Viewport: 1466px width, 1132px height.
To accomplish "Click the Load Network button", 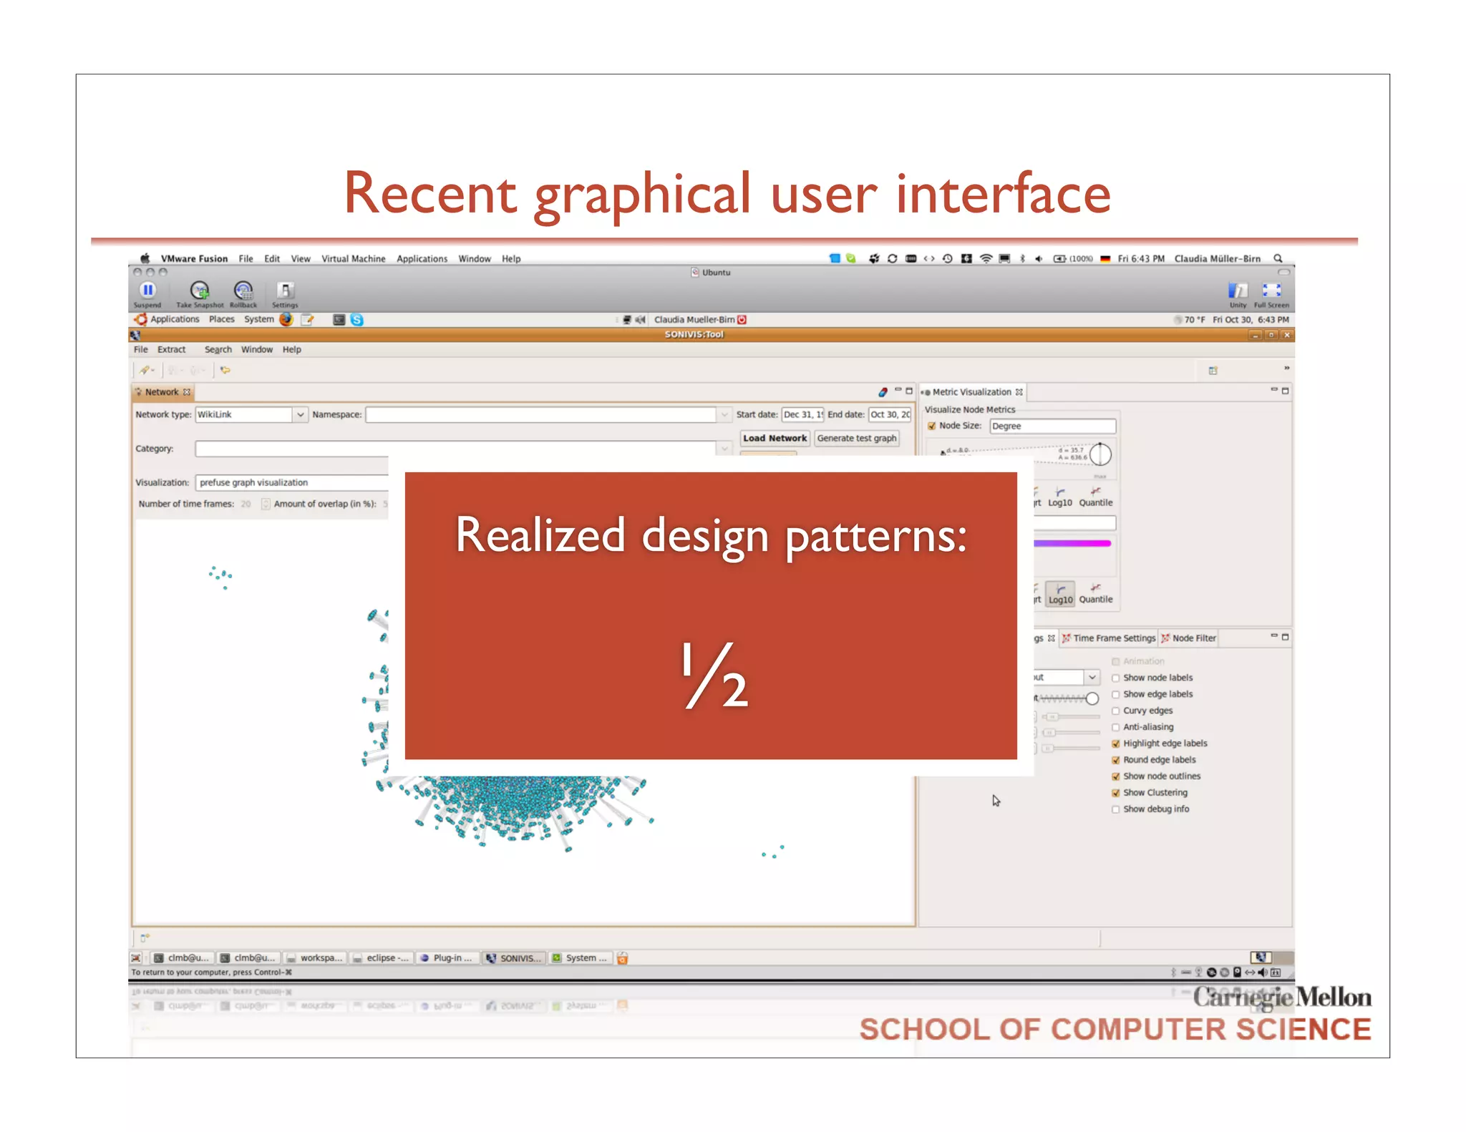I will (x=775, y=438).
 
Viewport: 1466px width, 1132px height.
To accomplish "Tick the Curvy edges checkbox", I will (x=1115, y=711).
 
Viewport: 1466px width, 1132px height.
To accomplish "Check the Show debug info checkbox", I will (x=1115, y=809).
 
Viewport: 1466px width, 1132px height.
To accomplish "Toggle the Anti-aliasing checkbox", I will (x=1115, y=727).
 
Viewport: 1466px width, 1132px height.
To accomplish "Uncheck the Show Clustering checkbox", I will (x=1115, y=793).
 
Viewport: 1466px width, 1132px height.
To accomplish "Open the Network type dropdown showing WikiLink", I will (x=300, y=414).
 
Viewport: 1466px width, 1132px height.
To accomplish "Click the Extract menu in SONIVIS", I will (x=171, y=350).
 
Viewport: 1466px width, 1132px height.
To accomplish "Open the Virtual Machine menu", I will (x=353, y=259).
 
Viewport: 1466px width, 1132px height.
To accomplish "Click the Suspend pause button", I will (x=147, y=290).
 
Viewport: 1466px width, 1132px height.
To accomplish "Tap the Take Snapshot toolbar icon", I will (x=200, y=291).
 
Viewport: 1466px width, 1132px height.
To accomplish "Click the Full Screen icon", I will (x=1271, y=290).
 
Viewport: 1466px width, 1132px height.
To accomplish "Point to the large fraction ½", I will (x=714, y=675).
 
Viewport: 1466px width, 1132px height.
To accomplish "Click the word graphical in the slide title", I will (x=642, y=195).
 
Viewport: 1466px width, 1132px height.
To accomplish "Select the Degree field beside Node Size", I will (x=1052, y=426).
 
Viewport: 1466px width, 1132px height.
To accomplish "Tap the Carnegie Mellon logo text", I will (x=1281, y=997).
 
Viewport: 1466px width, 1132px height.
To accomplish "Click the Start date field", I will (x=802, y=414).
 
